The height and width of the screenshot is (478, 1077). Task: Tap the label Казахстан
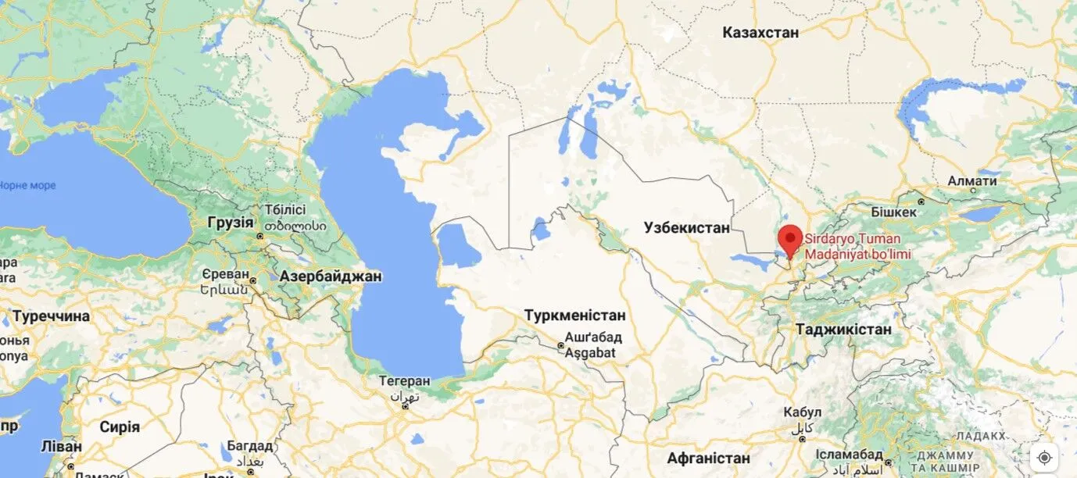tap(760, 33)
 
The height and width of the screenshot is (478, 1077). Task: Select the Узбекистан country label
tap(686, 228)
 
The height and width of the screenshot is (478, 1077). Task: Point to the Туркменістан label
tap(574, 316)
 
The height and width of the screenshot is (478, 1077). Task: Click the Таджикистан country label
tap(843, 330)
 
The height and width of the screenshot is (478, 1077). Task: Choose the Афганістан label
tap(709, 458)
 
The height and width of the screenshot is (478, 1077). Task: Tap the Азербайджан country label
tap(331, 276)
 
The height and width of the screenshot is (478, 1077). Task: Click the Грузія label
tap(231, 222)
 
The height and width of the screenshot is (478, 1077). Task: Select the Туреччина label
tap(51, 316)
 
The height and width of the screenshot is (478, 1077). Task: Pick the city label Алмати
tap(971, 181)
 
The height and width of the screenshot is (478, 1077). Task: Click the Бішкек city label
tap(893, 212)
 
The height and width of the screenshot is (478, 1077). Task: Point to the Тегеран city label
tap(404, 381)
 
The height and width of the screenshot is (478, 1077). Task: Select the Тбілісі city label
tap(284, 210)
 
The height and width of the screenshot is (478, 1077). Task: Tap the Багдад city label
tap(250, 446)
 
